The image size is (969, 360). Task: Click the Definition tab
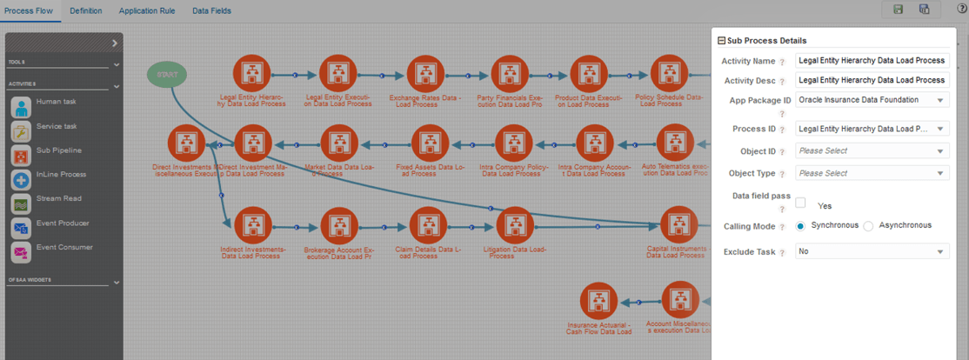click(x=85, y=10)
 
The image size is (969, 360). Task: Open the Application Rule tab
click(x=147, y=10)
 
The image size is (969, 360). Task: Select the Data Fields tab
click(x=211, y=10)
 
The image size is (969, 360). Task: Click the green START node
click(x=166, y=75)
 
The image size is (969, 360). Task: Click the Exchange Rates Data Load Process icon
click(x=425, y=75)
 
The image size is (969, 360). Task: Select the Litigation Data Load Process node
click(x=514, y=226)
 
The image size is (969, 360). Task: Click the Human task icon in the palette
click(x=22, y=106)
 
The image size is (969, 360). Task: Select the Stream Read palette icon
click(x=22, y=203)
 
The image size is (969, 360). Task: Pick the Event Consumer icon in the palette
click(x=22, y=252)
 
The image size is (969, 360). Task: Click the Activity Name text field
click(x=872, y=61)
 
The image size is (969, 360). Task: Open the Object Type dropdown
click(x=872, y=173)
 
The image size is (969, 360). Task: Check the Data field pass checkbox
click(x=800, y=203)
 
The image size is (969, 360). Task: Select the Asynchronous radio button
click(x=868, y=226)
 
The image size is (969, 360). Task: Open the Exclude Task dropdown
click(x=872, y=251)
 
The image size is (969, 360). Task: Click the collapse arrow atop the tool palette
click(x=115, y=43)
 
